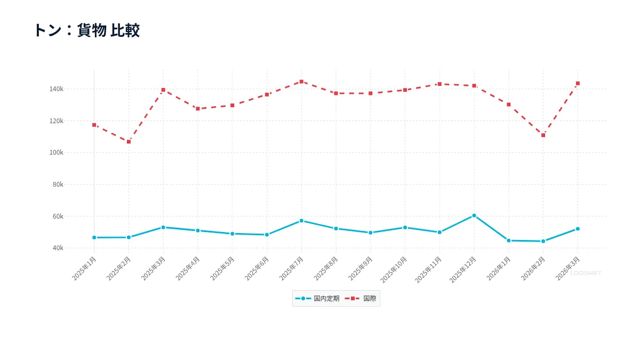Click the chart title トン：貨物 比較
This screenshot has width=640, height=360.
[x=87, y=30]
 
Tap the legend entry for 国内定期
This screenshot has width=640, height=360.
[x=317, y=299]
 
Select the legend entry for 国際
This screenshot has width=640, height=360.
[x=361, y=299]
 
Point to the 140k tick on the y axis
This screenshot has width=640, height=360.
[x=57, y=89]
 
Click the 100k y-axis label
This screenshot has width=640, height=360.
[x=57, y=153]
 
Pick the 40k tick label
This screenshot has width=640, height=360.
[x=58, y=248]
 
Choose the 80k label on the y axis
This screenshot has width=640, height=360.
[x=58, y=185]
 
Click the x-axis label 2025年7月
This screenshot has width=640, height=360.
[x=291, y=269]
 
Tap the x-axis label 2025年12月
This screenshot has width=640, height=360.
[x=463, y=270]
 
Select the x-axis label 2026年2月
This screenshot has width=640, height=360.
[x=533, y=269]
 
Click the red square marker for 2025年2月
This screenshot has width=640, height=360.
[x=129, y=142]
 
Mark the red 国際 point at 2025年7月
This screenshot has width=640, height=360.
[x=301, y=82]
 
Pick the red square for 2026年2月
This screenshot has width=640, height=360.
[x=543, y=135]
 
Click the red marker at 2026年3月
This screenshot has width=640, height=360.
[x=578, y=83]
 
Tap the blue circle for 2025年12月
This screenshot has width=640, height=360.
[x=474, y=215]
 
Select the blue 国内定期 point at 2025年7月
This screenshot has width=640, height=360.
[x=301, y=221]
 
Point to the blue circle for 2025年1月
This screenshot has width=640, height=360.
[x=94, y=238]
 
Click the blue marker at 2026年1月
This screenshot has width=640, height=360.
[x=509, y=241]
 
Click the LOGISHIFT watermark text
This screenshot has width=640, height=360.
[x=586, y=274]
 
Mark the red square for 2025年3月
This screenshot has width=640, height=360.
[x=163, y=90]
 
